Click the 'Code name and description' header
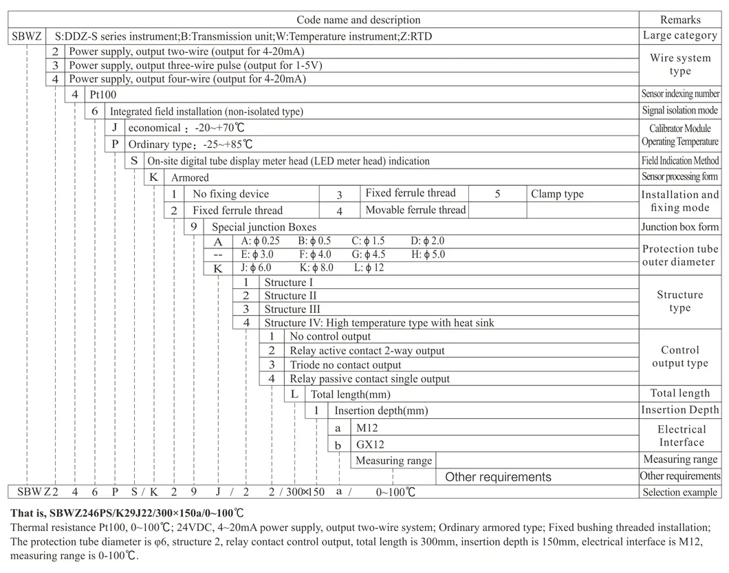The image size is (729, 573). coord(358,20)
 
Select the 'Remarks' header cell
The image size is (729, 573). coord(680,20)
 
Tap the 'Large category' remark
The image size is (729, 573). coord(680,36)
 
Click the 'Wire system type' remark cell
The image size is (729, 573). coord(680,65)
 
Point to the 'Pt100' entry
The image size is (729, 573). coord(103,94)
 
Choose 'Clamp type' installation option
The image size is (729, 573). coord(557,194)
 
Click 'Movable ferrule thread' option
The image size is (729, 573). coord(415,210)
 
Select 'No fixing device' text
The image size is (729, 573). coord(230,194)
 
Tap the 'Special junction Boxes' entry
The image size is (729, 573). coord(264,226)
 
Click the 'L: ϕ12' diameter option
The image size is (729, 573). coord(369,268)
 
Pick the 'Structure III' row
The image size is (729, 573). coord(292,309)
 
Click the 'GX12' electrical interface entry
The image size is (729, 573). coord(370,444)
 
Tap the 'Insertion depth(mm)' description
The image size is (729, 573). coord(381,411)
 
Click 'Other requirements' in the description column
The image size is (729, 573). coord(498,477)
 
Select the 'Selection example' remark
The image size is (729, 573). coord(680,492)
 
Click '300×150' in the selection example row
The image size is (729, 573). coord(305,492)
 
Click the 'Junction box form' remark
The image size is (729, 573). coord(680,226)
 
